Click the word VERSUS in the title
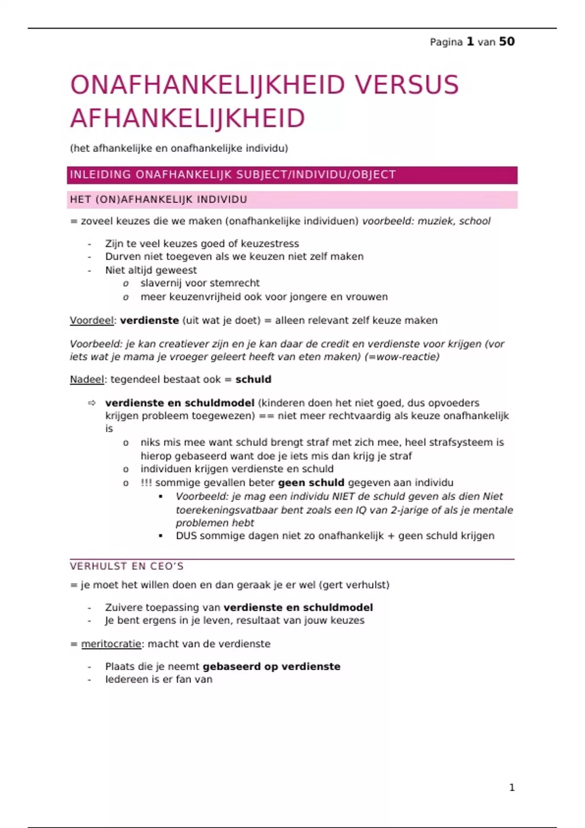pos(406,85)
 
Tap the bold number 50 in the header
pos(507,42)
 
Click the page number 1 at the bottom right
pos(511,788)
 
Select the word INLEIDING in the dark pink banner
pos(100,175)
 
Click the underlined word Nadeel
pos(87,379)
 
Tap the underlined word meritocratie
pos(111,644)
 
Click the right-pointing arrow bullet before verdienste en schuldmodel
pos(92,403)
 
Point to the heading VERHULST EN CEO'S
pos(127,566)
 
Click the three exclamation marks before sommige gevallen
pos(146,483)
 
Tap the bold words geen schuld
pos(311,483)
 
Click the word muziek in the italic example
pos(435,221)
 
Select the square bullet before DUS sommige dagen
pos(161,536)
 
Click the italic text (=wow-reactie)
pos(402,357)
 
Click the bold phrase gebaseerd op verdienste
pos(271,666)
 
